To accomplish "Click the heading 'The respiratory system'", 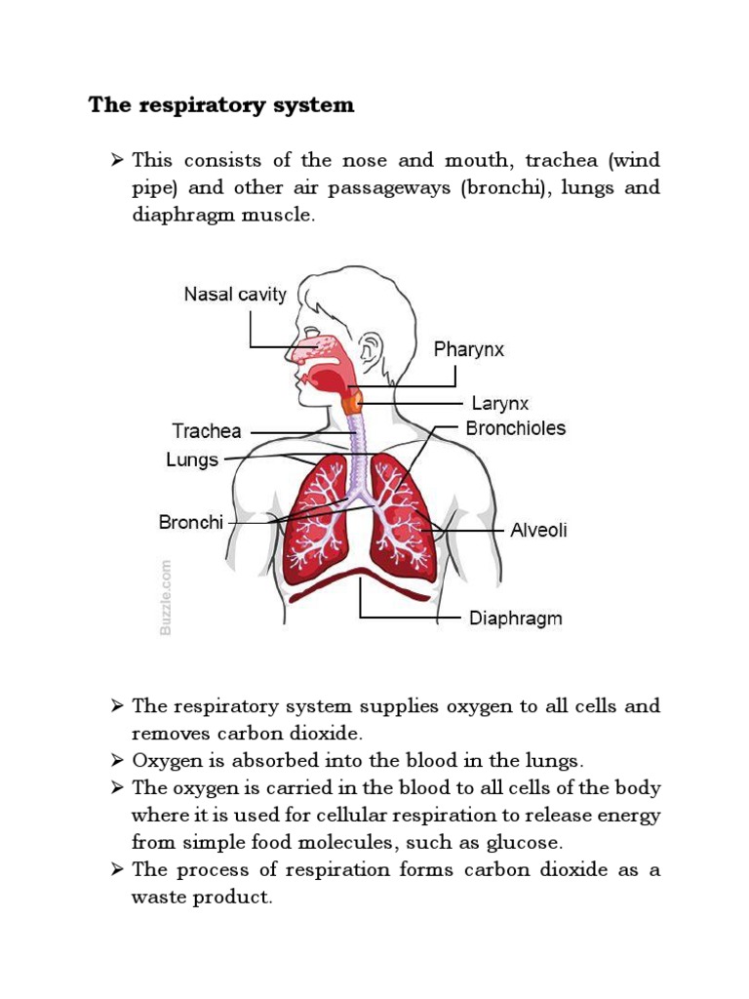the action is point(221,105).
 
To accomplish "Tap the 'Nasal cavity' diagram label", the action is point(235,294).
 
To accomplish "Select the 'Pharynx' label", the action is point(469,349).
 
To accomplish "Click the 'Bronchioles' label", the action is point(515,428).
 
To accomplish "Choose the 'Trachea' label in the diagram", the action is point(206,430).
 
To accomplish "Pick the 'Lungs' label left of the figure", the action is point(192,460).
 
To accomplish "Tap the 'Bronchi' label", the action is point(191,523).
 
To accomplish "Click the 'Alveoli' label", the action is point(538,532).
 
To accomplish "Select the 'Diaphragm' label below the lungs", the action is point(516,619).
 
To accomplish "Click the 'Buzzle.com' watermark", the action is point(165,597).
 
